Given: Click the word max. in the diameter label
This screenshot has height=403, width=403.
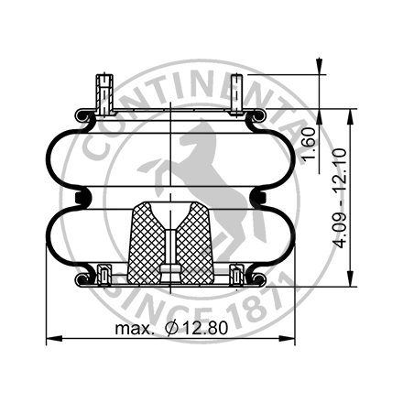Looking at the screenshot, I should (x=134, y=328).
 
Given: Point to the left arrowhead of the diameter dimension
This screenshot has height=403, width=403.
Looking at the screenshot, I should (x=49, y=338).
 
